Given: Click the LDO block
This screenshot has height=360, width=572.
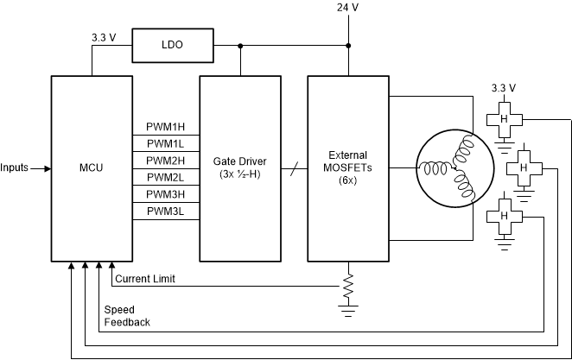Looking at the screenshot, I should (172, 45).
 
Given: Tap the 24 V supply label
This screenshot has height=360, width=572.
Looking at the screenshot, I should (347, 9).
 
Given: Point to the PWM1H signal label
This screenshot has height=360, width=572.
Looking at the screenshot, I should (165, 128).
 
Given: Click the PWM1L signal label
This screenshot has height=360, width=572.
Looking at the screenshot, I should (165, 144).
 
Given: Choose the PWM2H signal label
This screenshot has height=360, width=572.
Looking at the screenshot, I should (165, 161).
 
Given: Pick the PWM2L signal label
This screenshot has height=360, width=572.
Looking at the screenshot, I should (165, 177).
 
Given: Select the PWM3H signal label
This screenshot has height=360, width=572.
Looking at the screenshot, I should (165, 193).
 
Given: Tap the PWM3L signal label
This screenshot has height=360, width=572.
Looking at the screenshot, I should (165, 210).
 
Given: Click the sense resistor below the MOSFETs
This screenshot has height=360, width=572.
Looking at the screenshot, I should (347, 284).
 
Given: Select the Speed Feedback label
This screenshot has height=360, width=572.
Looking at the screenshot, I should (127, 315).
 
